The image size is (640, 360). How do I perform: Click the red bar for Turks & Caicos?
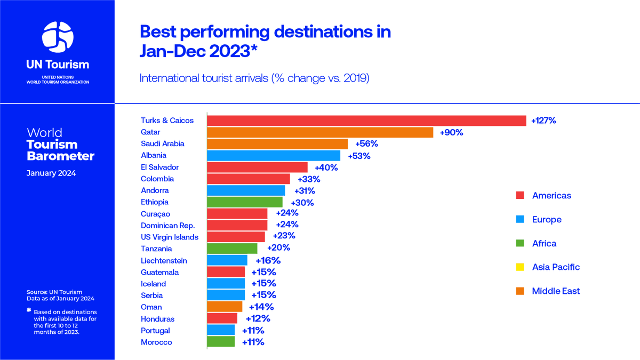tap(366, 121)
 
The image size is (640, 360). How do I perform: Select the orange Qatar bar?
tap(320, 132)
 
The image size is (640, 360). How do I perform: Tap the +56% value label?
tap(366, 144)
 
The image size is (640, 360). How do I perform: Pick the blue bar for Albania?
tap(274, 155)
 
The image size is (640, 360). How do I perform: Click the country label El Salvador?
tap(160, 167)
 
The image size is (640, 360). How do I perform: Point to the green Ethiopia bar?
tap(245, 202)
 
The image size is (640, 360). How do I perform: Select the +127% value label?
tap(543, 121)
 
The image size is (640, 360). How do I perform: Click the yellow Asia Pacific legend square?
tap(521, 267)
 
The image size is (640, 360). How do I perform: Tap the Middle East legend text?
tap(556, 291)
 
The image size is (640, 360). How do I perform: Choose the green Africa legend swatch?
tap(521, 244)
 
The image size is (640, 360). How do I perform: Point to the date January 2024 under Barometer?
tap(51, 173)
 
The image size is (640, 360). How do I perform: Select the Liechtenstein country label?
tap(164, 261)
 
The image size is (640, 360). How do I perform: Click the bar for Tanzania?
tap(232, 249)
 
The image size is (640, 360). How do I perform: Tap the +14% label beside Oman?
tap(261, 307)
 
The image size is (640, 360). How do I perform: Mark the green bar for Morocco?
tap(221, 342)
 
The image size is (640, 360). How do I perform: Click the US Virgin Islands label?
tap(169, 237)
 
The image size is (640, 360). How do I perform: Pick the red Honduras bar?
tap(222, 319)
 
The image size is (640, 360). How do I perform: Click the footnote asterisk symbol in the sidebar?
tap(29, 310)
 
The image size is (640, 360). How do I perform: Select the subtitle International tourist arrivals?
tap(254, 78)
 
